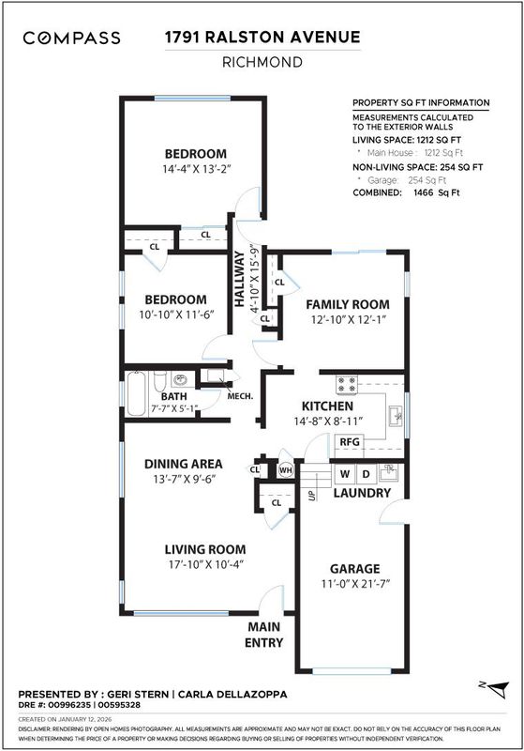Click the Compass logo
[72, 38]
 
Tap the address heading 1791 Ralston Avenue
[262, 37]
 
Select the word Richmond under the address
[262, 62]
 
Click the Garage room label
[354, 569]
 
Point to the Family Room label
[348, 304]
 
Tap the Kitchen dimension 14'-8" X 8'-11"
[328, 421]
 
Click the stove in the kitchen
[347, 385]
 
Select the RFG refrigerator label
[349, 441]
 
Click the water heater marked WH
[285, 470]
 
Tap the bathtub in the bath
[136, 394]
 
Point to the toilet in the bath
[160, 381]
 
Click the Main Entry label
[264, 635]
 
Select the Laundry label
[362, 493]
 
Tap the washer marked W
[344, 474]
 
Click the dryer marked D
[366, 474]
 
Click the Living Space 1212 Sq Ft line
[407, 140]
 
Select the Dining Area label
[184, 464]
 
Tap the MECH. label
[240, 396]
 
